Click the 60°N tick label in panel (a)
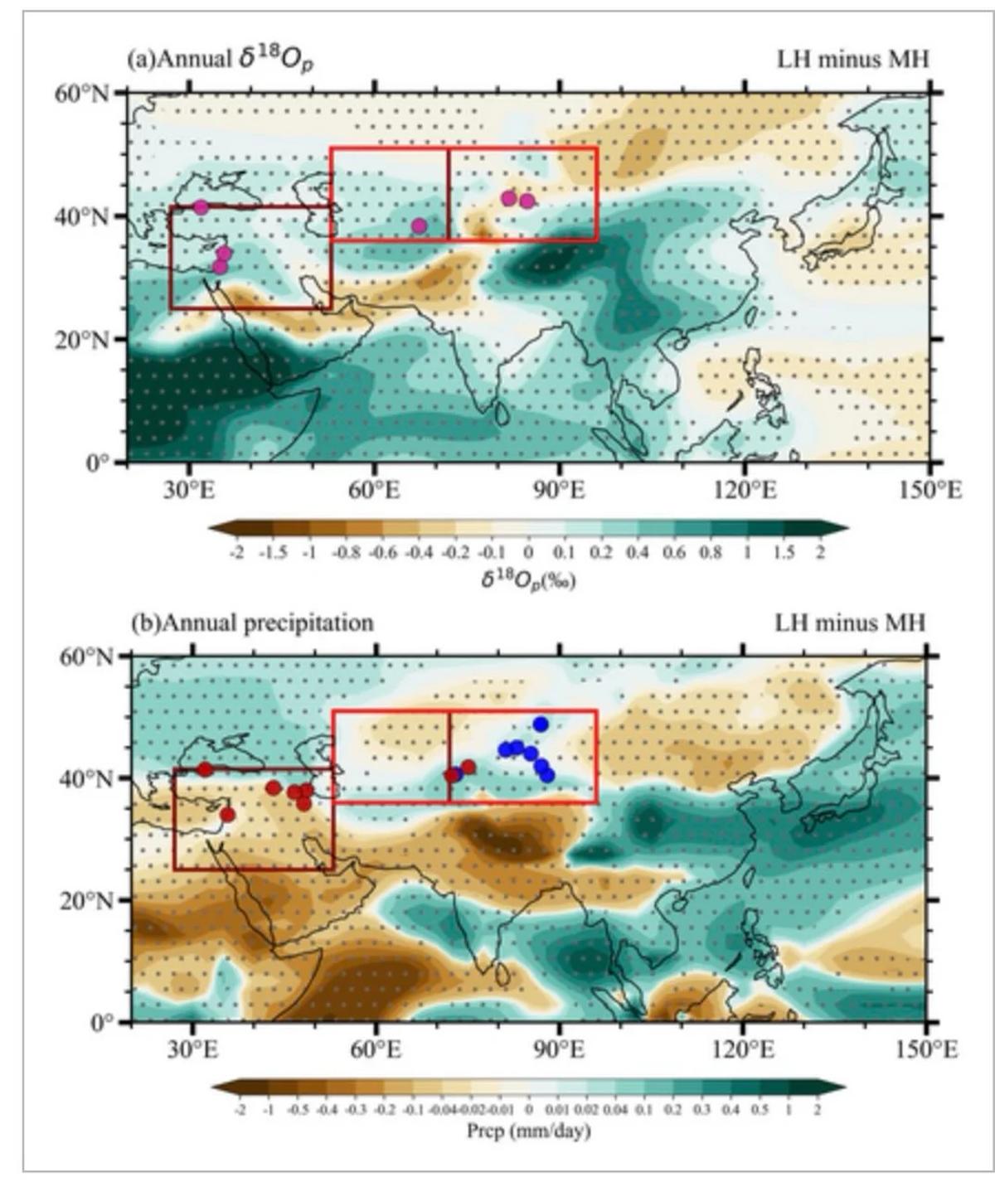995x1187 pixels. point(81,93)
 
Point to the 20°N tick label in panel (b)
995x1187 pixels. point(85,900)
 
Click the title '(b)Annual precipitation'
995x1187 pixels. point(252,623)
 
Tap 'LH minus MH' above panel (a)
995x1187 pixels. point(852,60)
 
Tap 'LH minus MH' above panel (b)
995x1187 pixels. point(850,623)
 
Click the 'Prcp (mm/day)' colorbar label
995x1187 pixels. point(528,1131)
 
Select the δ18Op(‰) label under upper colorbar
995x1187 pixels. point(528,579)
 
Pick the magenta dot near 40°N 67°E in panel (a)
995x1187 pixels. point(419,225)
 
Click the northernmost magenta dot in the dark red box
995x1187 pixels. point(201,207)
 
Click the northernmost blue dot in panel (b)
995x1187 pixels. point(541,724)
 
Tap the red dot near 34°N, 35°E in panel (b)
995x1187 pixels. point(227,815)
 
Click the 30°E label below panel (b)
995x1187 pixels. point(192,1050)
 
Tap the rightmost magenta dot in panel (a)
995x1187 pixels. point(527,201)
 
